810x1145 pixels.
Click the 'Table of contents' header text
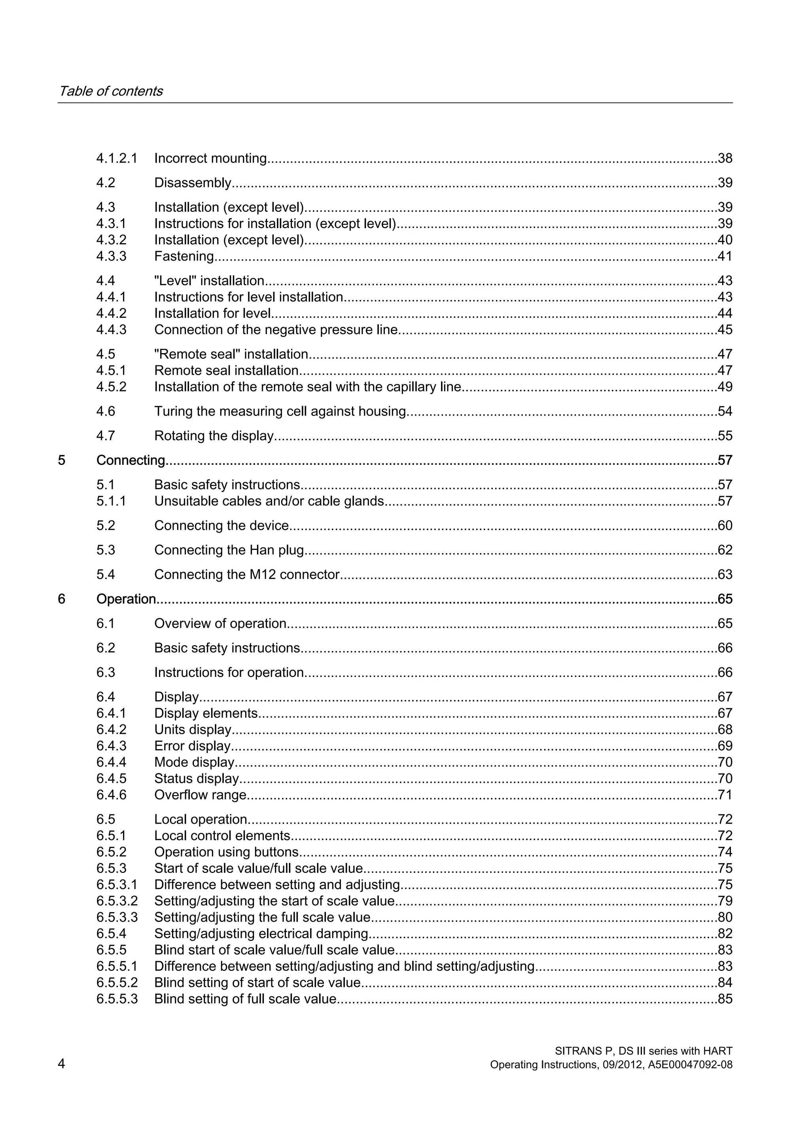coord(110,91)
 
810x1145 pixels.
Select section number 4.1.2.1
coord(116,159)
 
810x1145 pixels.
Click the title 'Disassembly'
coord(193,183)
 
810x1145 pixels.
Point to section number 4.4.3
coord(111,330)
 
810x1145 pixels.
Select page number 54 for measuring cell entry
coord(725,412)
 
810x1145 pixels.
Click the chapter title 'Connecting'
coord(130,460)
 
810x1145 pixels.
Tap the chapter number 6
coord(61,599)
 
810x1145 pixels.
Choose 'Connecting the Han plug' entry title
coord(229,550)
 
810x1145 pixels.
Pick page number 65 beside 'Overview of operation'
coord(725,624)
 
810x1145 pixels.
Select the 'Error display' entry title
coord(192,746)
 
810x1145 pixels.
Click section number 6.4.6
coord(111,795)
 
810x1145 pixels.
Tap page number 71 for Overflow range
coord(725,795)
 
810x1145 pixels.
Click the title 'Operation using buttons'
coord(227,852)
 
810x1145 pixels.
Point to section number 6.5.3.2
coord(117,901)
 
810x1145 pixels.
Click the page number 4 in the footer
coord(61,1064)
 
